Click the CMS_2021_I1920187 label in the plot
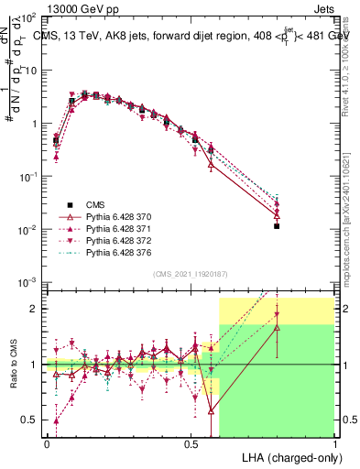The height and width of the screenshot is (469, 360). point(190,273)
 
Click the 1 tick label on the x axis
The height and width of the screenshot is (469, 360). point(334,442)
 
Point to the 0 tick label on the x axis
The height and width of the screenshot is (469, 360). point(46,442)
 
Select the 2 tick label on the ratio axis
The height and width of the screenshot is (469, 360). point(35,309)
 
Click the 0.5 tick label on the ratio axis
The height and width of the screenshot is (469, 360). point(29,420)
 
